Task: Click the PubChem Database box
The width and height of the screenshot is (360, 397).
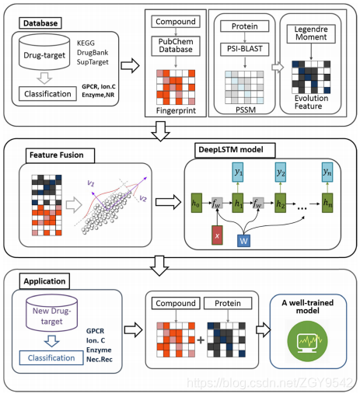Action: [x=176, y=46]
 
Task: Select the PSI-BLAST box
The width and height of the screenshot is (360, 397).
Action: [x=245, y=49]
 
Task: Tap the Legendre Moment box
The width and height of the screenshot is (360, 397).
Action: [x=311, y=33]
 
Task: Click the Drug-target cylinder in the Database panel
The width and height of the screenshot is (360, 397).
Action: [x=44, y=52]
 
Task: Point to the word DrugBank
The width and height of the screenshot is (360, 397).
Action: [x=93, y=53]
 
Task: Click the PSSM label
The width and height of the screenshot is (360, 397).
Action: [x=246, y=110]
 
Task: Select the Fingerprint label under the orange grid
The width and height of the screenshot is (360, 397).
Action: [x=176, y=110]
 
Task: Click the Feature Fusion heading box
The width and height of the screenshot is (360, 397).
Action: [x=60, y=155]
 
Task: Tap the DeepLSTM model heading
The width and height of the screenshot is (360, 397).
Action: [x=235, y=150]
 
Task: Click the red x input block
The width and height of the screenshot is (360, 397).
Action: [x=217, y=235]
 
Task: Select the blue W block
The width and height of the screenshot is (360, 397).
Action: [x=243, y=241]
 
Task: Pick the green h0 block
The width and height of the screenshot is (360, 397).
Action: [x=196, y=203]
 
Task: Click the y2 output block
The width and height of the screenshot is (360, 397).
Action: [x=281, y=172]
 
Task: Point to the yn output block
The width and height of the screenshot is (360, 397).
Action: [x=327, y=172]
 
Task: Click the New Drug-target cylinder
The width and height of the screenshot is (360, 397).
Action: [x=51, y=312]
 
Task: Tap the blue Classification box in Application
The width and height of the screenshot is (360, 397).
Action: [x=51, y=358]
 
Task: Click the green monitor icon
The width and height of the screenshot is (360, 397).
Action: [x=307, y=341]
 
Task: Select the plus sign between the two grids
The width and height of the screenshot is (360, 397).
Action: [x=201, y=340]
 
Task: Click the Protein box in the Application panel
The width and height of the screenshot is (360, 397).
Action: [x=228, y=303]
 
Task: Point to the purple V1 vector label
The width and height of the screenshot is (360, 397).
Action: [x=91, y=183]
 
